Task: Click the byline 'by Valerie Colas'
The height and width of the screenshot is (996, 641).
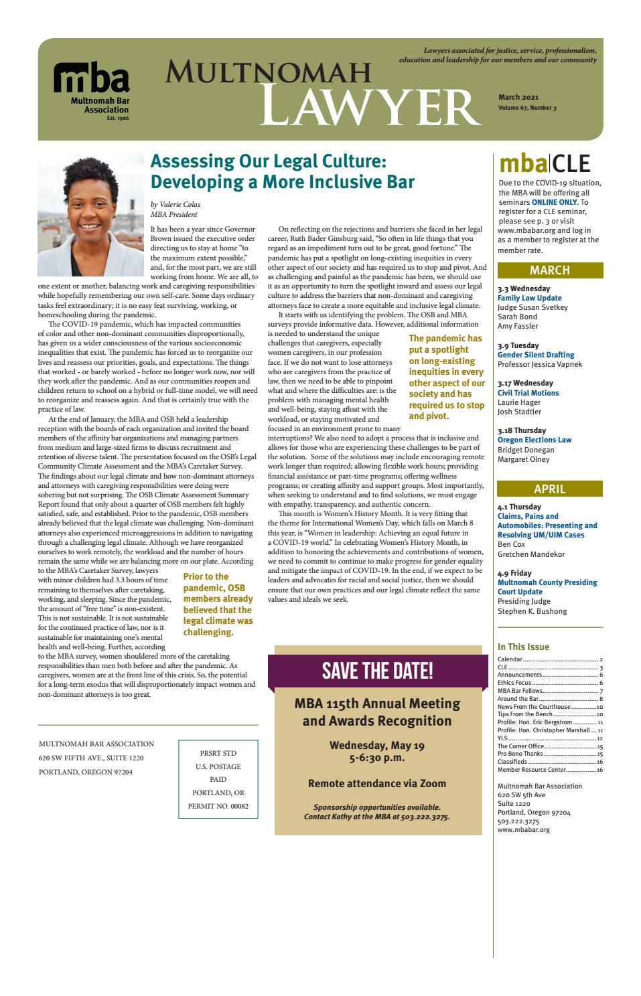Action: pyautogui.click(x=175, y=204)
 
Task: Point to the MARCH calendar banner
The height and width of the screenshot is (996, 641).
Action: pyautogui.click(x=549, y=270)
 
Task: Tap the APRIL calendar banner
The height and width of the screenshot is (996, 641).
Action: pyautogui.click(x=549, y=489)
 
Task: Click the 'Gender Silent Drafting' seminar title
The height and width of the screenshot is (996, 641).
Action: pyautogui.click(x=536, y=355)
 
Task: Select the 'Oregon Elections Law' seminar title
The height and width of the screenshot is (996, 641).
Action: pyautogui.click(x=535, y=440)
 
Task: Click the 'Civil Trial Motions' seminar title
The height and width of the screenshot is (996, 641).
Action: pyautogui.click(x=528, y=393)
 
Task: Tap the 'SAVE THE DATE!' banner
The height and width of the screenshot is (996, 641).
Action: pyautogui.click(x=377, y=670)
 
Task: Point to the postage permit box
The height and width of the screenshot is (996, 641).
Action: pyautogui.click(x=218, y=779)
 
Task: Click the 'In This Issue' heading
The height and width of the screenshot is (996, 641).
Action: pyautogui.click(x=523, y=647)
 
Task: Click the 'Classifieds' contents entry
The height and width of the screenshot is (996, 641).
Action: pyautogui.click(x=512, y=762)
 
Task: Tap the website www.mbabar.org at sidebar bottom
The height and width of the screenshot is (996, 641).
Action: pyautogui.click(x=524, y=829)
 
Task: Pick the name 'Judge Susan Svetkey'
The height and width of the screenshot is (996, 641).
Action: pyautogui.click(x=532, y=307)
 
